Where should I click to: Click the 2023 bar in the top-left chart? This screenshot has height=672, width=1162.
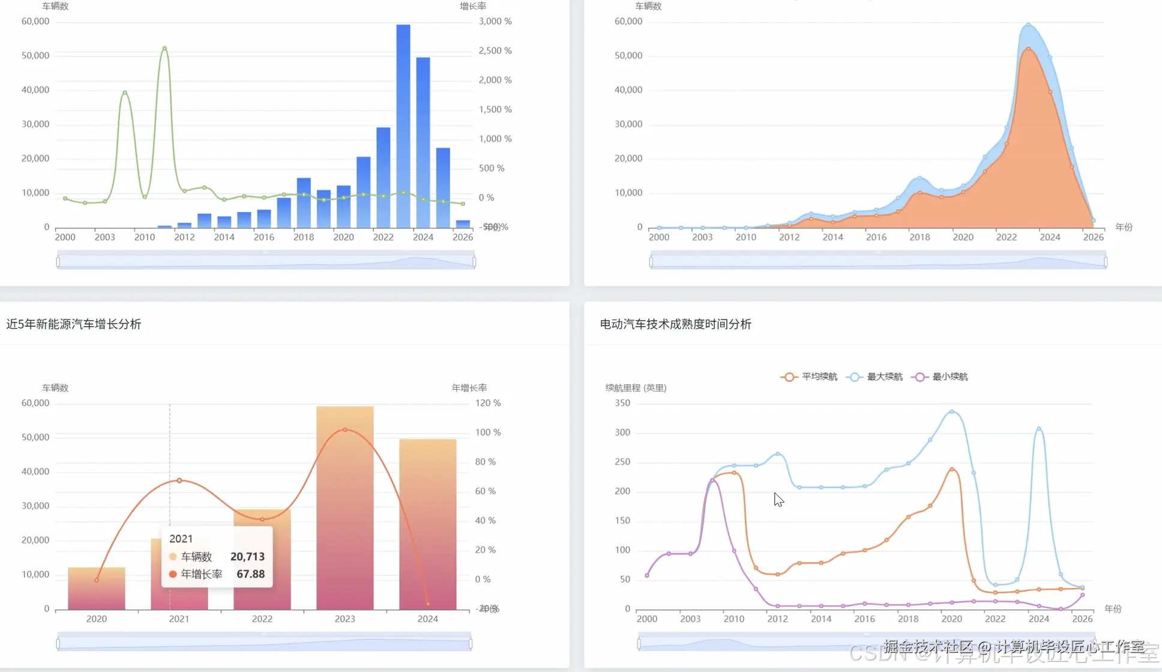pyautogui.click(x=403, y=126)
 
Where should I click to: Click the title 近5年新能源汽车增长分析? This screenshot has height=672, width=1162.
pyautogui.click(x=74, y=324)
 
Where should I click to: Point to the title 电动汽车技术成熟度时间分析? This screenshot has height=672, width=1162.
pyautogui.click(x=675, y=324)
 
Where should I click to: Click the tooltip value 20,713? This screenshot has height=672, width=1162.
pyautogui.click(x=247, y=557)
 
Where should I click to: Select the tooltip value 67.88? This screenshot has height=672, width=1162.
pyautogui.click(x=250, y=574)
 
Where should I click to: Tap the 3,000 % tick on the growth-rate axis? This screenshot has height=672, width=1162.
pyautogui.click(x=495, y=22)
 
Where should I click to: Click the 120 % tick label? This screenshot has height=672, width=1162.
pyautogui.click(x=488, y=403)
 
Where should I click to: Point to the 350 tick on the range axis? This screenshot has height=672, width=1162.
pyautogui.click(x=622, y=403)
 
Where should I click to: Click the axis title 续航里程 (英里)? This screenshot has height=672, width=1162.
pyautogui.click(x=636, y=388)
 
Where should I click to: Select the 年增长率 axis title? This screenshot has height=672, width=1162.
pyautogui.click(x=469, y=388)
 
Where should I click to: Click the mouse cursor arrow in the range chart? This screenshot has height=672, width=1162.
pyautogui.click(x=778, y=499)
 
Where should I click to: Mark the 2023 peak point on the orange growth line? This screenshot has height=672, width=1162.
pyautogui.click(x=345, y=430)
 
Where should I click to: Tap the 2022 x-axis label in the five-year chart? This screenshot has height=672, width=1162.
pyautogui.click(x=262, y=619)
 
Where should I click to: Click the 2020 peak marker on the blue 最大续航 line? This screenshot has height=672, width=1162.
pyautogui.click(x=952, y=412)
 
